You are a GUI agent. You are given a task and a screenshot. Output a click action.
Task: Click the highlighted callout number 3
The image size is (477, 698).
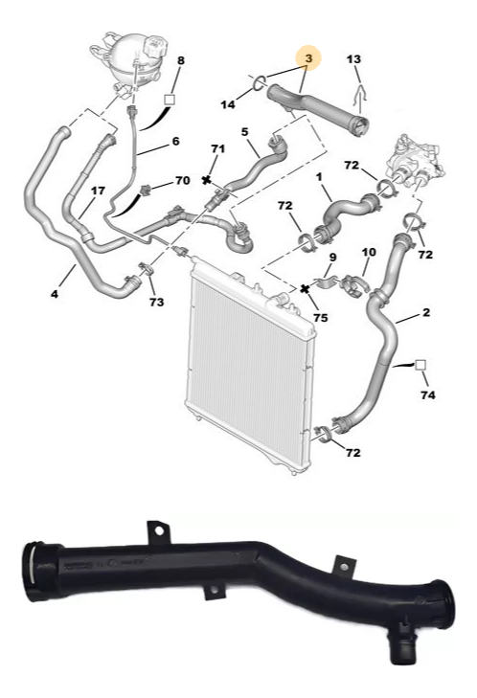tap(309, 57)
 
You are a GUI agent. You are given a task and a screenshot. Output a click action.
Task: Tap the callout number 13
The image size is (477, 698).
tap(353, 59)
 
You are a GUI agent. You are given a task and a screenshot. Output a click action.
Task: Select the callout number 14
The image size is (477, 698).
tap(228, 104)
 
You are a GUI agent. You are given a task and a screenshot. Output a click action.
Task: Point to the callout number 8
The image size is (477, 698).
tap(180, 60)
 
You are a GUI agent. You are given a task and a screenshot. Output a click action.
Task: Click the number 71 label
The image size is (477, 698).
tap(217, 148)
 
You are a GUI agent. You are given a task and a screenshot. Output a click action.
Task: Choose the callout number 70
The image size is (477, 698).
tap(183, 180)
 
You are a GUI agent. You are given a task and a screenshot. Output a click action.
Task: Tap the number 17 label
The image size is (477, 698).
tap(98, 191)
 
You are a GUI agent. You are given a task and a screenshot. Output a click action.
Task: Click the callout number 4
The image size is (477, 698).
tap(55, 294)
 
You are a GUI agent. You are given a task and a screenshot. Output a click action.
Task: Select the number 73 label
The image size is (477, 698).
tap(156, 303)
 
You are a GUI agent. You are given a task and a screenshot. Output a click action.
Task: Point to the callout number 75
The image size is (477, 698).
tap(320, 318)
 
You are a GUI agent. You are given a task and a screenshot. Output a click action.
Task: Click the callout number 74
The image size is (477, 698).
tap(427, 394)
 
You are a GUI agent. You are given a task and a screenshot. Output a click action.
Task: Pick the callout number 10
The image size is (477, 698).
tap(369, 253)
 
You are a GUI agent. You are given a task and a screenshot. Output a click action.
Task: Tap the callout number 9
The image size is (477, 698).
tap(332, 258)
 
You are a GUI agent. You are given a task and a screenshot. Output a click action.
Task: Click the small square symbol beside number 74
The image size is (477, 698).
tap(420, 366)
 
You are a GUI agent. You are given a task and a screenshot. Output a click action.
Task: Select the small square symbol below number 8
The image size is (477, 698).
tap(170, 99)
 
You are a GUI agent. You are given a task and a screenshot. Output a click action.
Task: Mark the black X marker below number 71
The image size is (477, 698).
tap(206, 180)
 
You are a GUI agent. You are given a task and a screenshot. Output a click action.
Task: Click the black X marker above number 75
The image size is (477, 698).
tap(305, 289)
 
